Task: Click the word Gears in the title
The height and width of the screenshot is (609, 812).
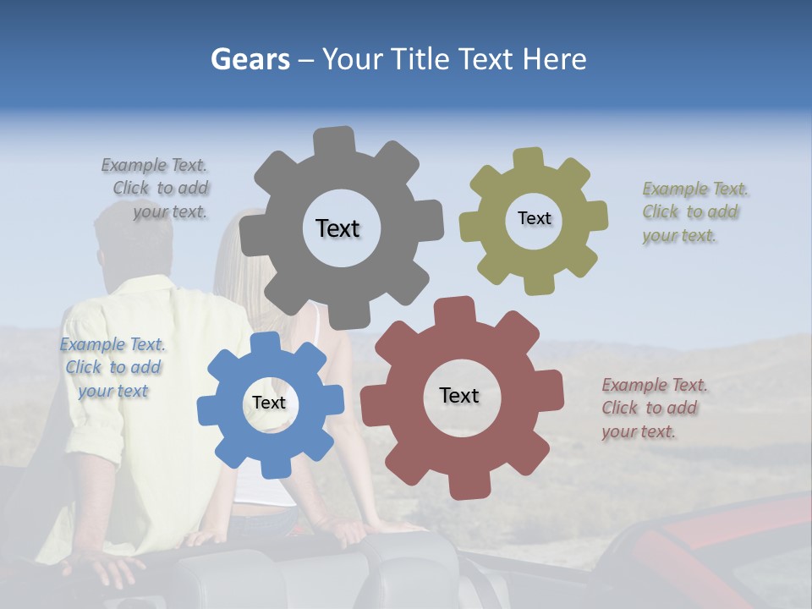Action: [x=250, y=59]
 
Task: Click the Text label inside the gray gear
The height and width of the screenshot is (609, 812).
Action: [x=337, y=228]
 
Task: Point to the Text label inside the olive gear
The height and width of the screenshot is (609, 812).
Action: [x=534, y=218]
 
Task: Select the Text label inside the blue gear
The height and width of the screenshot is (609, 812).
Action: [x=269, y=403]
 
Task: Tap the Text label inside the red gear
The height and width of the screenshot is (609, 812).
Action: [x=459, y=395]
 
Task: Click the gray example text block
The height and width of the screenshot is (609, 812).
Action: [x=156, y=189]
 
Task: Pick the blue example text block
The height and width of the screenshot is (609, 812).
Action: [x=112, y=368]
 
